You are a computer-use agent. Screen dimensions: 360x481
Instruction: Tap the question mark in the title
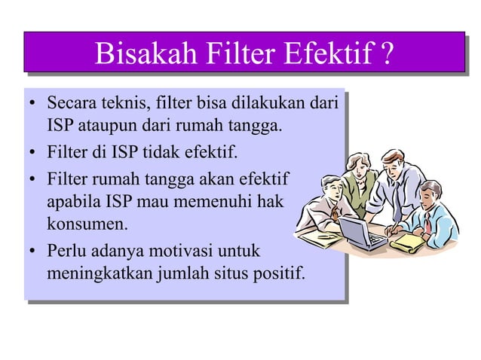click(386, 53)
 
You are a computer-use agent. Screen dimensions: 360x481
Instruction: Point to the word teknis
click(126, 102)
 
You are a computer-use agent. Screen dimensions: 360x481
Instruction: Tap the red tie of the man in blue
click(427, 223)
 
